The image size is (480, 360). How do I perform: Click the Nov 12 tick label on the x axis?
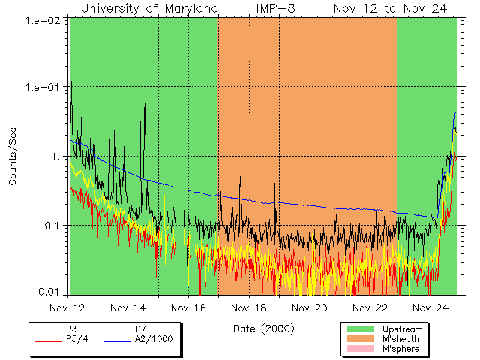click(x=68, y=307)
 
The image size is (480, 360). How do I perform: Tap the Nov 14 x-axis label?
click(x=128, y=307)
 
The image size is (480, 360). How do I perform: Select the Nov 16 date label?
click(x=188, y=307)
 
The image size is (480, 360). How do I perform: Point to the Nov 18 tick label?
click(x=249, y=307)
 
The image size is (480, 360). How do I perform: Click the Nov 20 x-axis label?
click(x=309, y=307)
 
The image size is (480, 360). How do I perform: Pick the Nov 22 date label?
click(x=369, y=307)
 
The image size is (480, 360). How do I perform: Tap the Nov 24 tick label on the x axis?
click(x=430, y=307)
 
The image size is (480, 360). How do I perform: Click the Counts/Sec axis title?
click(x=13, y=157)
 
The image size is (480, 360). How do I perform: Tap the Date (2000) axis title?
click(x=263, y=328)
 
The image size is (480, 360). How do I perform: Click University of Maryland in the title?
click(x=149, y=8)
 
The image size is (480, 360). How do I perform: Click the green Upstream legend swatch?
click(x=361, y=328)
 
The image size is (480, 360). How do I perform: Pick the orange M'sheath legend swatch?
click(x=361, y=339)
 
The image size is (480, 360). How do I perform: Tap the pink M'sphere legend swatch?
click(x=361, y=349)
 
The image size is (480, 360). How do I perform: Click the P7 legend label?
click(x=141, y=328)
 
